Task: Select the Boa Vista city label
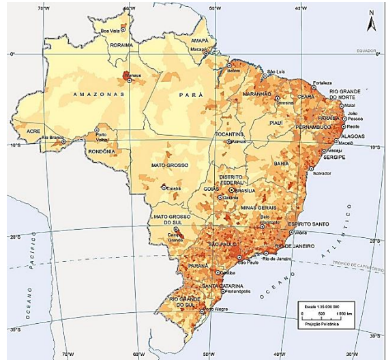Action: coord(113,30)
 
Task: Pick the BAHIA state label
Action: coord(280,163)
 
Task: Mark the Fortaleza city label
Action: coord(322,82)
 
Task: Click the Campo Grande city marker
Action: coord(168,230)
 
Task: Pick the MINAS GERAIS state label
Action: coord(257,207)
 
